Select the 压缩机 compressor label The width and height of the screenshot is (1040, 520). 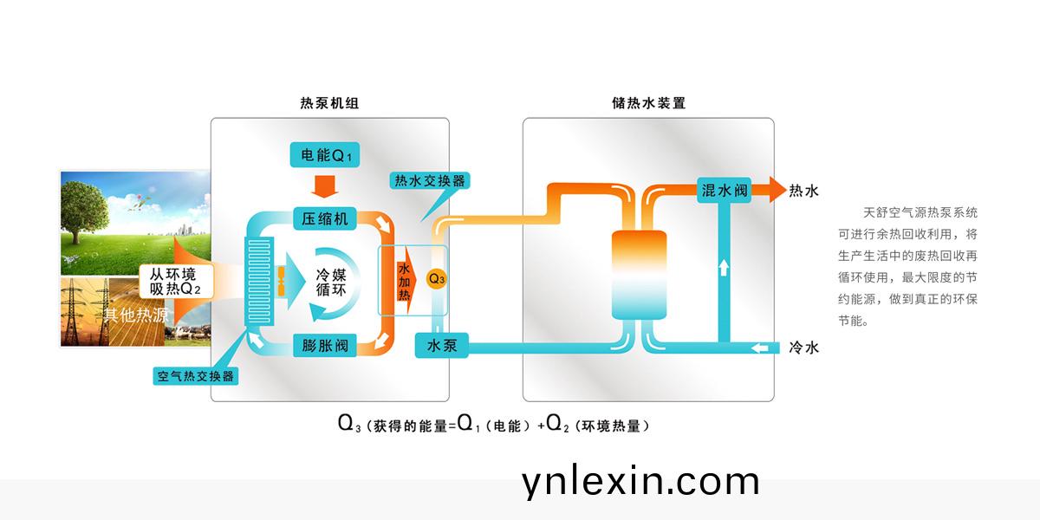(x=325, y=218)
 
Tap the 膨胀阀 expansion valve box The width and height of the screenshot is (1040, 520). (x=325, y=347)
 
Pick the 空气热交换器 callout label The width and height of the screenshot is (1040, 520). (x=195, y=376)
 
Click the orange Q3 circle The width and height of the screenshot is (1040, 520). (x=437, y=279)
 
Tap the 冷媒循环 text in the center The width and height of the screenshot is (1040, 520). (x=330, y=283)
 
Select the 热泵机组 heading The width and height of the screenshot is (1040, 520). (x=329, y=102)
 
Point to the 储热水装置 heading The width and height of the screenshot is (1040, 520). (x=648, y=102)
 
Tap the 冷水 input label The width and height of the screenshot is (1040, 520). (x=803, y=348)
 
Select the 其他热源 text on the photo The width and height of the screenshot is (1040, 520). (x=136, y=315)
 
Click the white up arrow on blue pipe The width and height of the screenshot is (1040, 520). (x=723, y=267)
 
